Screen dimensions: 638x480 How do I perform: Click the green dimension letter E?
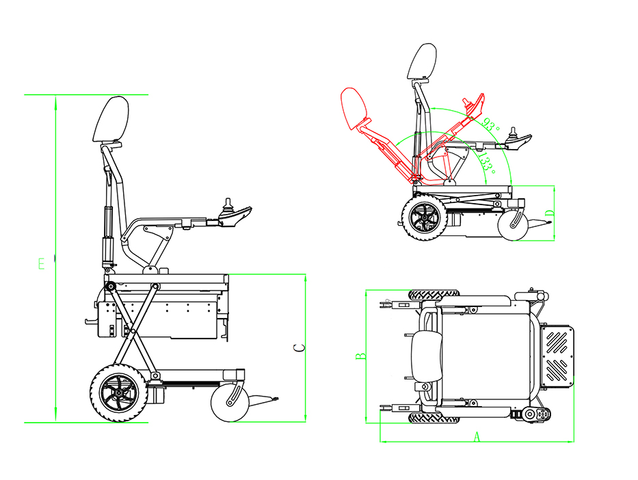(42, 264)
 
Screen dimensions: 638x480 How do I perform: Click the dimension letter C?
(299, 348)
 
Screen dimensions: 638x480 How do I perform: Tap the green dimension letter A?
(477, 438)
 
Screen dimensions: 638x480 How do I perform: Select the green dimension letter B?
(361, 356)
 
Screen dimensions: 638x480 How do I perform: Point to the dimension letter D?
(550, 213)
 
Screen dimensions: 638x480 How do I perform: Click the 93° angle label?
(490, 124)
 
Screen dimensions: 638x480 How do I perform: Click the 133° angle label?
(486, 163)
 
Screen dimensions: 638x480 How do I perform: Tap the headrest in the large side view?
(111, 119)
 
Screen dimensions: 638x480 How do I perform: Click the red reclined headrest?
(354, 108)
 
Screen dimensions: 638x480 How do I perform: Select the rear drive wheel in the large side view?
(119, 393)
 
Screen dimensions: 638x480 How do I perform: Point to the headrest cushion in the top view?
(427, 356)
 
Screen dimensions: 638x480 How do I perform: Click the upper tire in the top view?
(434, 295)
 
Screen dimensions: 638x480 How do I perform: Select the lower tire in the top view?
(434, 418)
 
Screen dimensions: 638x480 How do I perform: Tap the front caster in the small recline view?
(513, 226)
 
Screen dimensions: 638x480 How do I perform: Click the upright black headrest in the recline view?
(421, 62)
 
